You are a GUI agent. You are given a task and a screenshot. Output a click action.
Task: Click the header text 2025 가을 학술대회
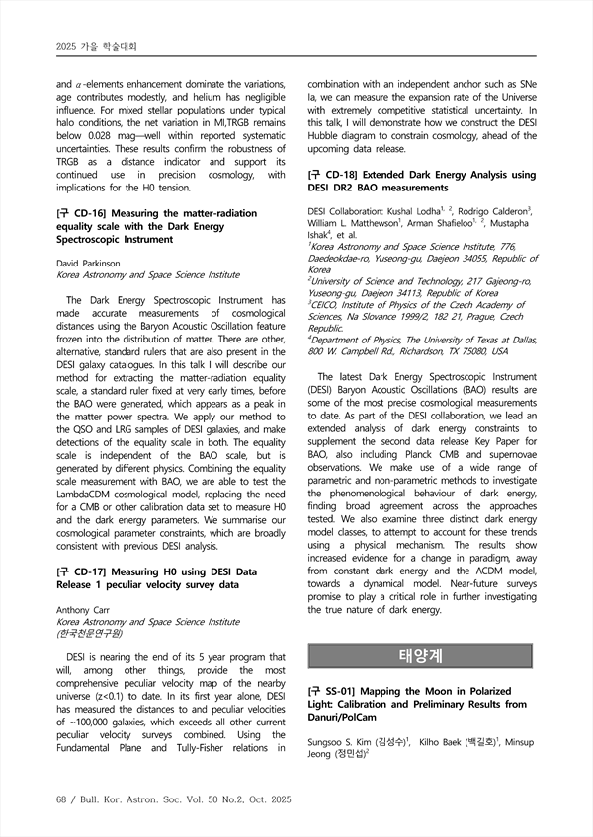(x=96, y=45)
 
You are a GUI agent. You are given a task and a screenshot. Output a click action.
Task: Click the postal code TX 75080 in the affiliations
(x=462, y=350)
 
